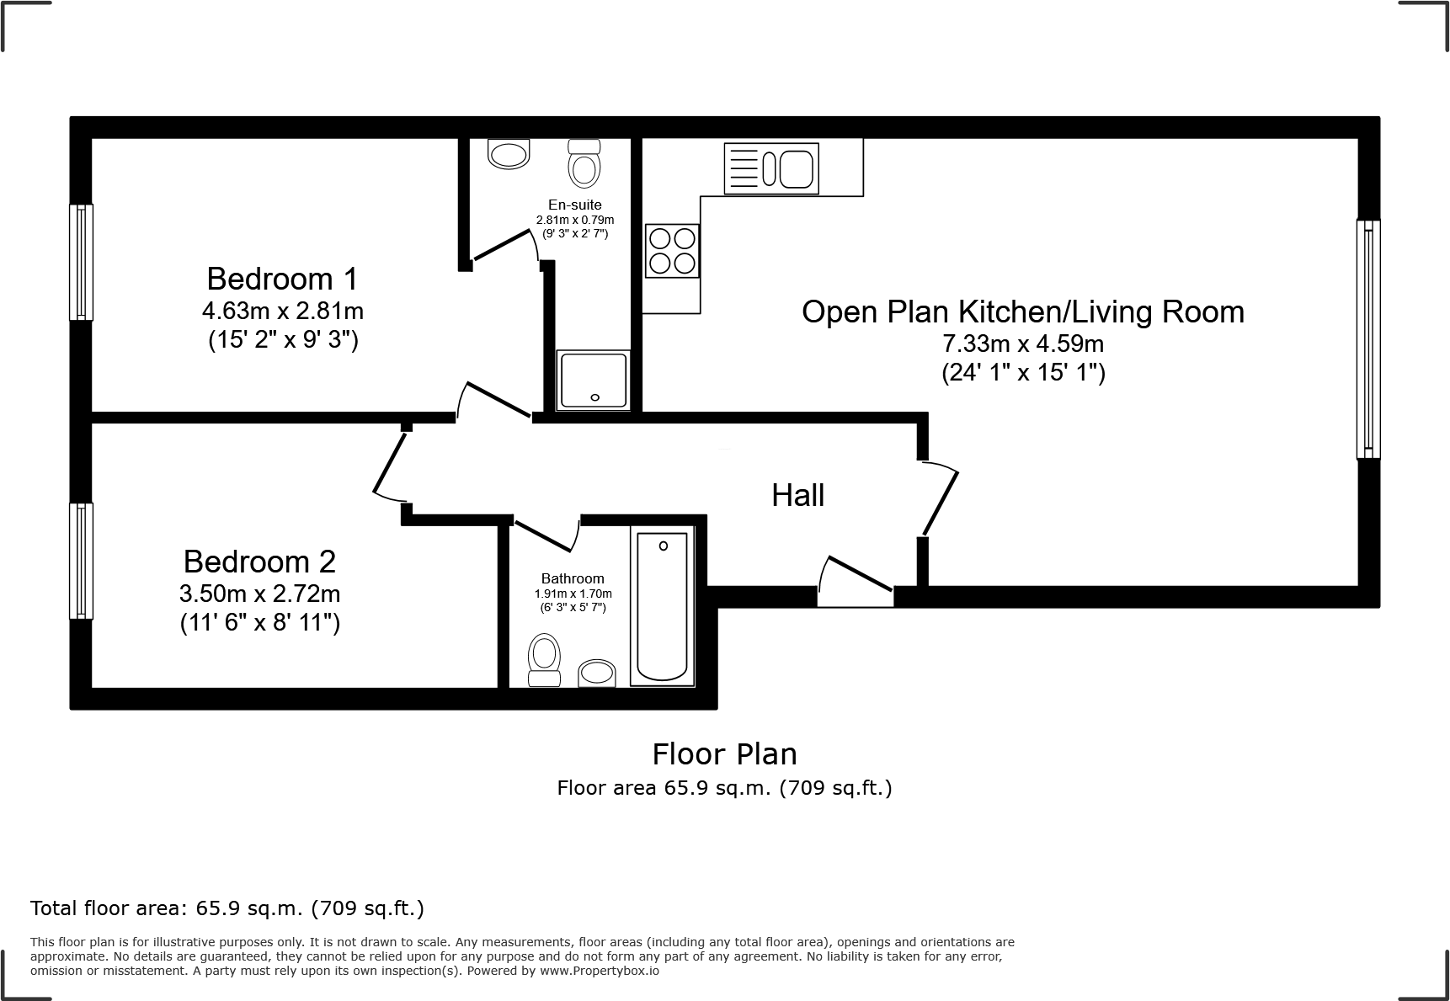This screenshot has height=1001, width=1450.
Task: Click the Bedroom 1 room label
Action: [x=282, y=279]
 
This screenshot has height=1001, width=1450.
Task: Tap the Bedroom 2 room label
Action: [x=259, y=562]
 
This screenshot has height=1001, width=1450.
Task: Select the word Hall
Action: [x=797, y=495]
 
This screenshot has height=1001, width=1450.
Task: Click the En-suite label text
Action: [x=574, y=205]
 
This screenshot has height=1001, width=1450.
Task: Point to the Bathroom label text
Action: [x=573, y=578]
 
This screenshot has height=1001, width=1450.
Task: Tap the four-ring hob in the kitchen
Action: [x=672, y=251]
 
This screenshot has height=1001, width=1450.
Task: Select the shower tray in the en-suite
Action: [x=593, y=381]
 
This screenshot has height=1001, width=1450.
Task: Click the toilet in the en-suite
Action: [x=584, y=162]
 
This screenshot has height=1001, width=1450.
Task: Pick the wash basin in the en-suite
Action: [x=509, y=154]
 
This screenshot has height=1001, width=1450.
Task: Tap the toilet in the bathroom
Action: [x=545, y=661]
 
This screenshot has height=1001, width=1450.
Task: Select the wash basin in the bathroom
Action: [x=597, y=673]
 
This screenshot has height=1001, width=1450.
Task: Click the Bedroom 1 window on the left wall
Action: [x=81, y=262]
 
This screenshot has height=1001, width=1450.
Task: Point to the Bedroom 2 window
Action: [x=81, y=561]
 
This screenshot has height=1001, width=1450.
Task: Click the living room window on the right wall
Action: [x=1368, y=339]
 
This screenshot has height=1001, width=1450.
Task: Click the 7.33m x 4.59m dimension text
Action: [x=1022, y=343]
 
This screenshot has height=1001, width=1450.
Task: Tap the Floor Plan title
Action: [x=724, y=753]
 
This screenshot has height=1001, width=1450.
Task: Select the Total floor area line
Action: [x=227, y=908]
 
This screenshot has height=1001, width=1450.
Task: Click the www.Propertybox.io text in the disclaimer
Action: [x=600, y=971]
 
